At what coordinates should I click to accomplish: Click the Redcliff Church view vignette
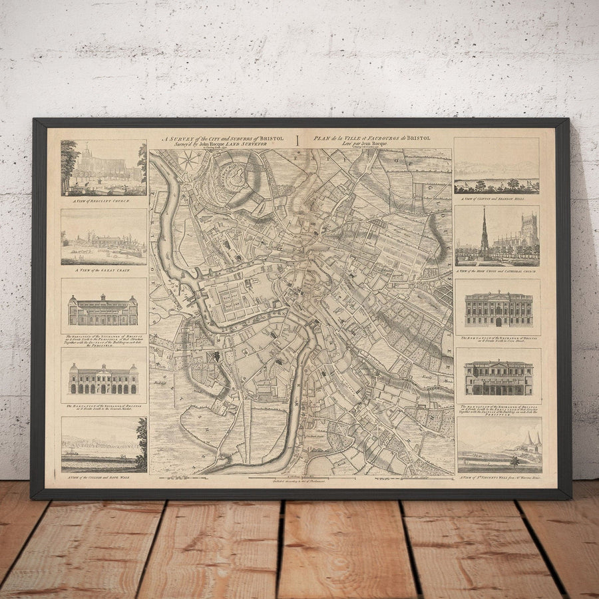coord(103,168)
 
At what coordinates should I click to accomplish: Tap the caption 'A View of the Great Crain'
coord(103,270)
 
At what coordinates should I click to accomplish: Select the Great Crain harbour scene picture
coord(103,237)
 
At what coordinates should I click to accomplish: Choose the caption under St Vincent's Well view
coord(499,477)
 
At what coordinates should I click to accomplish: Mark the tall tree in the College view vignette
coord(141,439)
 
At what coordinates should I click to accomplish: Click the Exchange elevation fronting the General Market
coord(103,379)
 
